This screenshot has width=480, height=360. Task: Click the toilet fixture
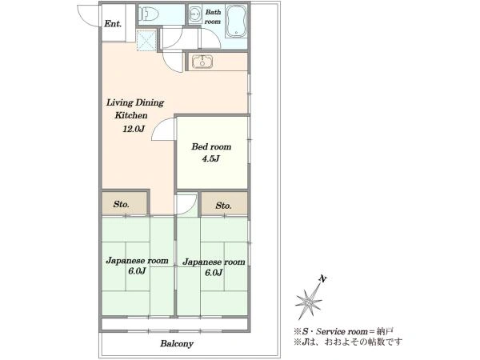tap(149, 14)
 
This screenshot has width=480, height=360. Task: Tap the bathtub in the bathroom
tap(236, 21)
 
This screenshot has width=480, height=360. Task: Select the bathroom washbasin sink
tap(194, 14)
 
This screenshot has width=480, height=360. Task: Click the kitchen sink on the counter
tap(202, 62)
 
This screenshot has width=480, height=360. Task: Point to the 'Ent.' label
tap(113, 23)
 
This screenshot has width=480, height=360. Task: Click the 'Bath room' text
tap(213, 17)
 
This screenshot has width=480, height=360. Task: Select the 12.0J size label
tap(134, 129)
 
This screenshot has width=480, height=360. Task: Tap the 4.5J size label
tap(211, 159)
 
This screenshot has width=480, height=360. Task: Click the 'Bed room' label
tap(211, 147)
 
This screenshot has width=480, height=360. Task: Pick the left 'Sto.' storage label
tap(122, 204)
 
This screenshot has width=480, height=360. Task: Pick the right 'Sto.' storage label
tap(223, 206)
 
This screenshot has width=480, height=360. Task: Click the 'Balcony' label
tap(177, 344)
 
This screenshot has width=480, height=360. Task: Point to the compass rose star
tap(308, 302)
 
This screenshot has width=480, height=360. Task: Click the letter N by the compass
tap(322, 279)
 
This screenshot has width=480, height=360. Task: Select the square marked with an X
tap(146, 40)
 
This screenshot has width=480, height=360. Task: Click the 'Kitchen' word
tap(131, 115)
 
